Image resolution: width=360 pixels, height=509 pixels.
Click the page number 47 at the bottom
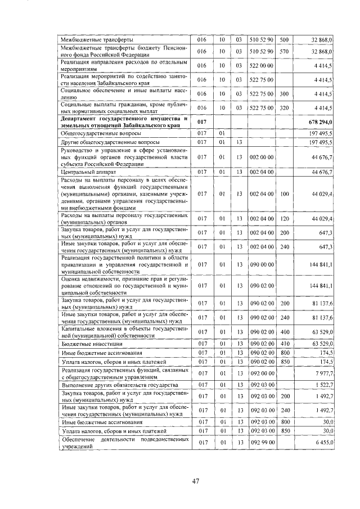tap(196, 481)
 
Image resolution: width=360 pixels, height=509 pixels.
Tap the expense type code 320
tap(283, 107)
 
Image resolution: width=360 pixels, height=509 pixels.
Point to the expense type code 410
tap(283, 343)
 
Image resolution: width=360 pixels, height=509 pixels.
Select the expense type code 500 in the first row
tap(283, 39)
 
